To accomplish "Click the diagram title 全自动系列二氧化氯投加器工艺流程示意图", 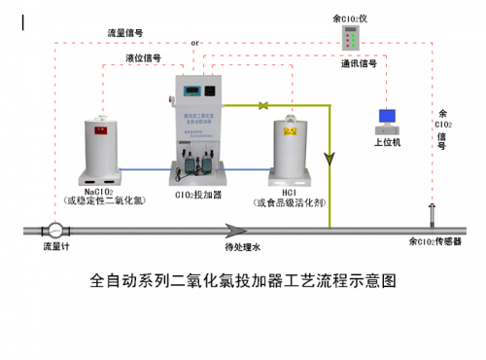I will coord(243,281).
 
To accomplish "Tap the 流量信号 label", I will coord(126,32).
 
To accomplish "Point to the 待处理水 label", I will coord(243,247).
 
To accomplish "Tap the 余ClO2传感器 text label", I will coord(434,240).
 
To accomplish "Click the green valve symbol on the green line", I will coord(262,104).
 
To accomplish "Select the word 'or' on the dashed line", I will coord(195,44).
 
